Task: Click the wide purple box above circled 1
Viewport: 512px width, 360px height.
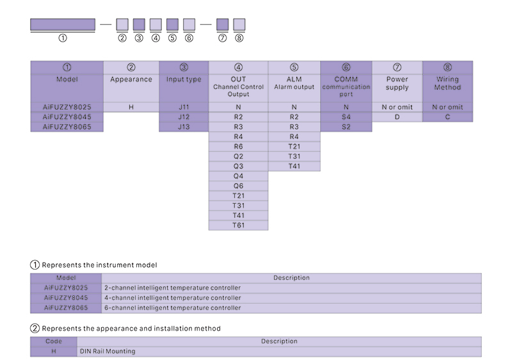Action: [63, 24]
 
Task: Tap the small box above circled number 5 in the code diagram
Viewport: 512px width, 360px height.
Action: [172, 24]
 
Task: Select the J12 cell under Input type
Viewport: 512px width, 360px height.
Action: [184, 117]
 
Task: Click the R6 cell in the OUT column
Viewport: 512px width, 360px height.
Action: [238, 146]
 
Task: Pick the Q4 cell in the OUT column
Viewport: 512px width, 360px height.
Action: [238, 176]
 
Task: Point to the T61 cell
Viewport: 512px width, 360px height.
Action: [238, 225]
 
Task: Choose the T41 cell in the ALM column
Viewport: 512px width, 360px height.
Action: [294, 167]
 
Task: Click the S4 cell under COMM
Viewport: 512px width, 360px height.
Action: [346, 117]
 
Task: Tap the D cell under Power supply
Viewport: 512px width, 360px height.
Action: [397, 117]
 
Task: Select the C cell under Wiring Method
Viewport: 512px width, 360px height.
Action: [447, 117]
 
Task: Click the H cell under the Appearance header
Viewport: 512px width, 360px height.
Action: [131, 107]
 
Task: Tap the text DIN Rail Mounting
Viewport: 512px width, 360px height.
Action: [108, 351]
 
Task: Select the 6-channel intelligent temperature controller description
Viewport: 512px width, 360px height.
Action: [173, 307]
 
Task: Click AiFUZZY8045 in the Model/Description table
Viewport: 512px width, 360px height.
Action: [66, 298]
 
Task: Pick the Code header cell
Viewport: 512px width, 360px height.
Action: [54, 341]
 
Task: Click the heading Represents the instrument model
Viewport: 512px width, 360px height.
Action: [99, 265]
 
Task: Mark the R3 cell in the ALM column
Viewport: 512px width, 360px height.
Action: [294, 127]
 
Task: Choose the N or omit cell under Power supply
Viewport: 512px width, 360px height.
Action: [397, 107]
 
